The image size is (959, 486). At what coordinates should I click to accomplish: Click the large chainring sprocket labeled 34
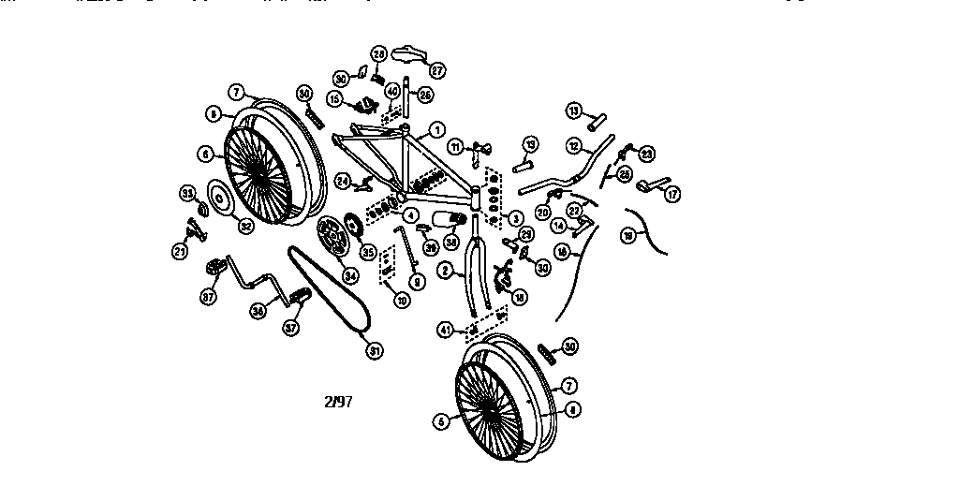click(329, 231)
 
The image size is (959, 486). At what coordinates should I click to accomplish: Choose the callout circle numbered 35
click(368, 251)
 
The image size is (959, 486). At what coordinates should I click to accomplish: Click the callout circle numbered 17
click(671, 195)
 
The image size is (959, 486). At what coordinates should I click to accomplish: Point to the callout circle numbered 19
click(628, 236)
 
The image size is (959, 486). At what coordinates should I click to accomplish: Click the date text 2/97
click(338, 403)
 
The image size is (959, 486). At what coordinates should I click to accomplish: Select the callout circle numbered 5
click(441, 421)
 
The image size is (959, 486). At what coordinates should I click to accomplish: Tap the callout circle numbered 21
click(179, 251)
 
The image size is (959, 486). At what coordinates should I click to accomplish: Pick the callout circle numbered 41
click(446, 330)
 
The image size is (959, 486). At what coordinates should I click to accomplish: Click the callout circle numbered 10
click(402, 301)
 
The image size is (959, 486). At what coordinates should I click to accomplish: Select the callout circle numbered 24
click(343, 180)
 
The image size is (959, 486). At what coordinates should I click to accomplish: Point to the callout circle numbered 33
click(186, 193)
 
